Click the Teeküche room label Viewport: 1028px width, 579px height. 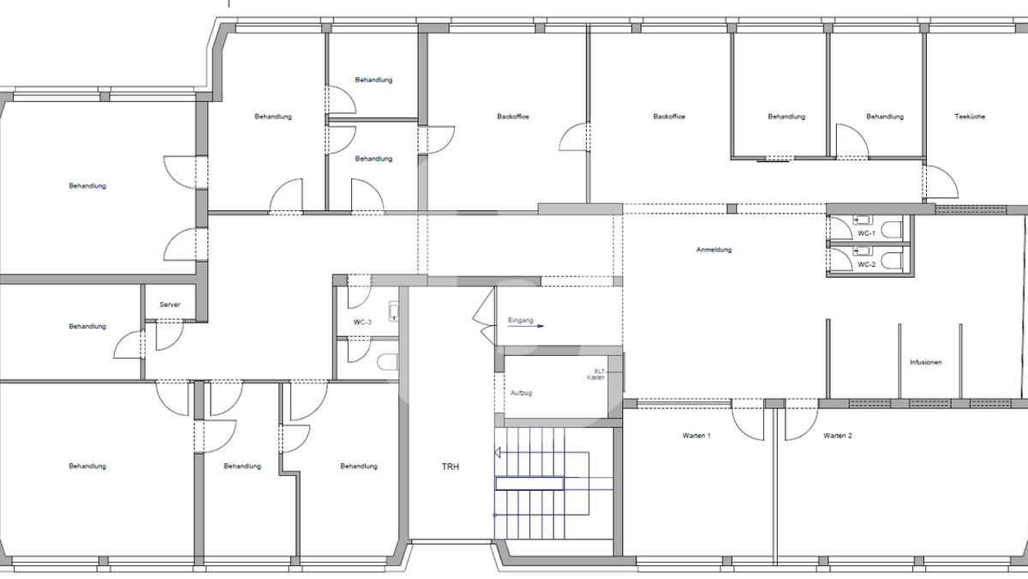coord(970,117)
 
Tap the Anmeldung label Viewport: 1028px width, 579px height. coord(714,250)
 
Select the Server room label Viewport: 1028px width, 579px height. coord(170,305)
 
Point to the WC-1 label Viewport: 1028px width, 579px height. coord(866,233)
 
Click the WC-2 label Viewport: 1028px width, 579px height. coord(866,265)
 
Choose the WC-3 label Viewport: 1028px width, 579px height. coord(362,323)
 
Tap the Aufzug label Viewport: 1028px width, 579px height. coord(521,394)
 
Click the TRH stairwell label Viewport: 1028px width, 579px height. coord(451,467)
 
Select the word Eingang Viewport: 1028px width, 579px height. coord(521,320)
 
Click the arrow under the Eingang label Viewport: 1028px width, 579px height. coord(526,326)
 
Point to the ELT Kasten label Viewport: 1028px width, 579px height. coord(596,375)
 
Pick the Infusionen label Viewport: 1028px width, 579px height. coord(926,363)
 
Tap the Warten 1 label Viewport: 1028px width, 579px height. coord(696,436)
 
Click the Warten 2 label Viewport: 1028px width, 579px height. coord(838,436)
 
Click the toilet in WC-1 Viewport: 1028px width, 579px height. coord(893,230)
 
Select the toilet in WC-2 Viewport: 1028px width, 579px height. coord(893,261)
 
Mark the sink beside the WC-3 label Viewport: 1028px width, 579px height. coord(394,311)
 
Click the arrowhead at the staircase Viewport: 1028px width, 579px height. coord(497,453)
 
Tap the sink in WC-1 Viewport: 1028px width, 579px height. coord(863,220)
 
